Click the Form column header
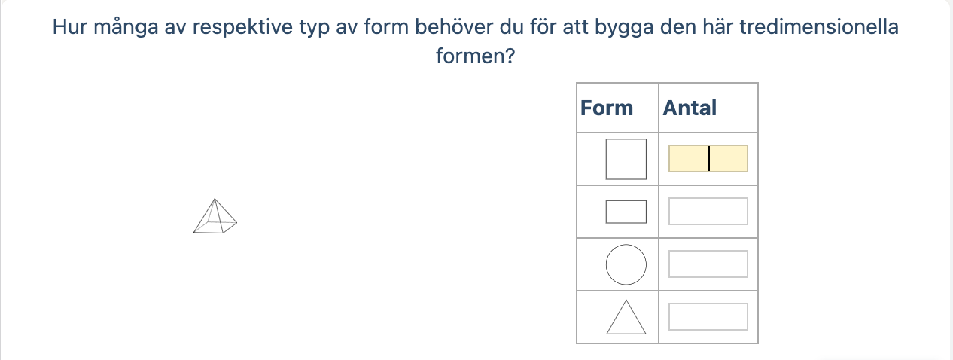[x=606, y=108]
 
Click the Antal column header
[x=690, y=108]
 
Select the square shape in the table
[x=626, y=159]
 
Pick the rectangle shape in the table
[x=626, y=212]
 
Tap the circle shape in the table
[x=626, y=264]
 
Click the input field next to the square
[x=708, y=159]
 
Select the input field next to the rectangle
[x=708, y=211]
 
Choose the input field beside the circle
[x=708, y=264]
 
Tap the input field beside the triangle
[x=708, y=316]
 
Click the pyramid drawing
[x=215, y=216]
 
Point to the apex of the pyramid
[x=215, y=199]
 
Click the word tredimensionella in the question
[x=819, y=27]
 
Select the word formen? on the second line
[x=475, y=56]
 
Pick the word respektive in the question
[x=242, y=28]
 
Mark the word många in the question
[x=126, y=28]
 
